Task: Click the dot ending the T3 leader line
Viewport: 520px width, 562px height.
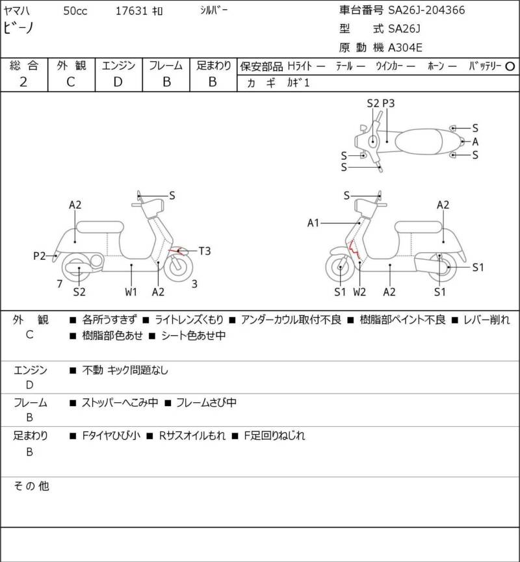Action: pyautogui.click(x=179, y=251)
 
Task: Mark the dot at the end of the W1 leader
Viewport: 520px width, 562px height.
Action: pyautogui.click(x=131, y=265)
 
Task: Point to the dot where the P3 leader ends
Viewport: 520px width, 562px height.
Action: pyautogui.click(x=387, y=142)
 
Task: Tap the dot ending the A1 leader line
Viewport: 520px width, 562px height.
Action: pyautogui.click(x=359, y=223)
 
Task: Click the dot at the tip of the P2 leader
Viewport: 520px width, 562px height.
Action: pyautogui.click(x=56, y=256)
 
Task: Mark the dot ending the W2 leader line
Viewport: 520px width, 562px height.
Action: pyautogui.click(x=359, y=262)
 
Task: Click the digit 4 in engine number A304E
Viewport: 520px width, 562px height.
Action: pyautogui.click(x=411, y=47)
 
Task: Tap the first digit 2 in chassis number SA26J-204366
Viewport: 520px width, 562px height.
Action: pyautogui.click(x=402, y=10)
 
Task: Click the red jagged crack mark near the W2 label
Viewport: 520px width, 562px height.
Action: pyautogui.click(x=354, y=249)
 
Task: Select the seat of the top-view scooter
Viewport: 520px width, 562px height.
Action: pyautogui.click(x=418, y=142)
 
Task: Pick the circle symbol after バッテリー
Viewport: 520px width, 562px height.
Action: pyautogui.click(x=510, y=66)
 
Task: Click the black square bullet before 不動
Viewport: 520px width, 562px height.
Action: pyautogui.click(x=73, y=370)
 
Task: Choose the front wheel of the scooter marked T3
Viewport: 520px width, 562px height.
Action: pyautogui.click(x=178, y=266)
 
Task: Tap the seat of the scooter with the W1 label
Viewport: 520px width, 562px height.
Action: pyautogui.click(x=100, y=227)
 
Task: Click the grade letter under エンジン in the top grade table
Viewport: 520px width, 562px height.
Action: pyautogui.click(x=118, y=82)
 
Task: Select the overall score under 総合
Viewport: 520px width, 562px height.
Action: pyautogui.click(x=23, y=82)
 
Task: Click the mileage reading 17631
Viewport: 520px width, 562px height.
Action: pyautogui.click(x=131, y=11)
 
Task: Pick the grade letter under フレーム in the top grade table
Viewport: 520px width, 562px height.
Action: pyautogui.click(x=166, y=82)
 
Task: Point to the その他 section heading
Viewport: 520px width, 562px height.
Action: pyautogui.click(x=31, y=486)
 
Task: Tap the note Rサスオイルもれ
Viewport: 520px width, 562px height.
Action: pyautogui.click(x=192, y=435)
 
